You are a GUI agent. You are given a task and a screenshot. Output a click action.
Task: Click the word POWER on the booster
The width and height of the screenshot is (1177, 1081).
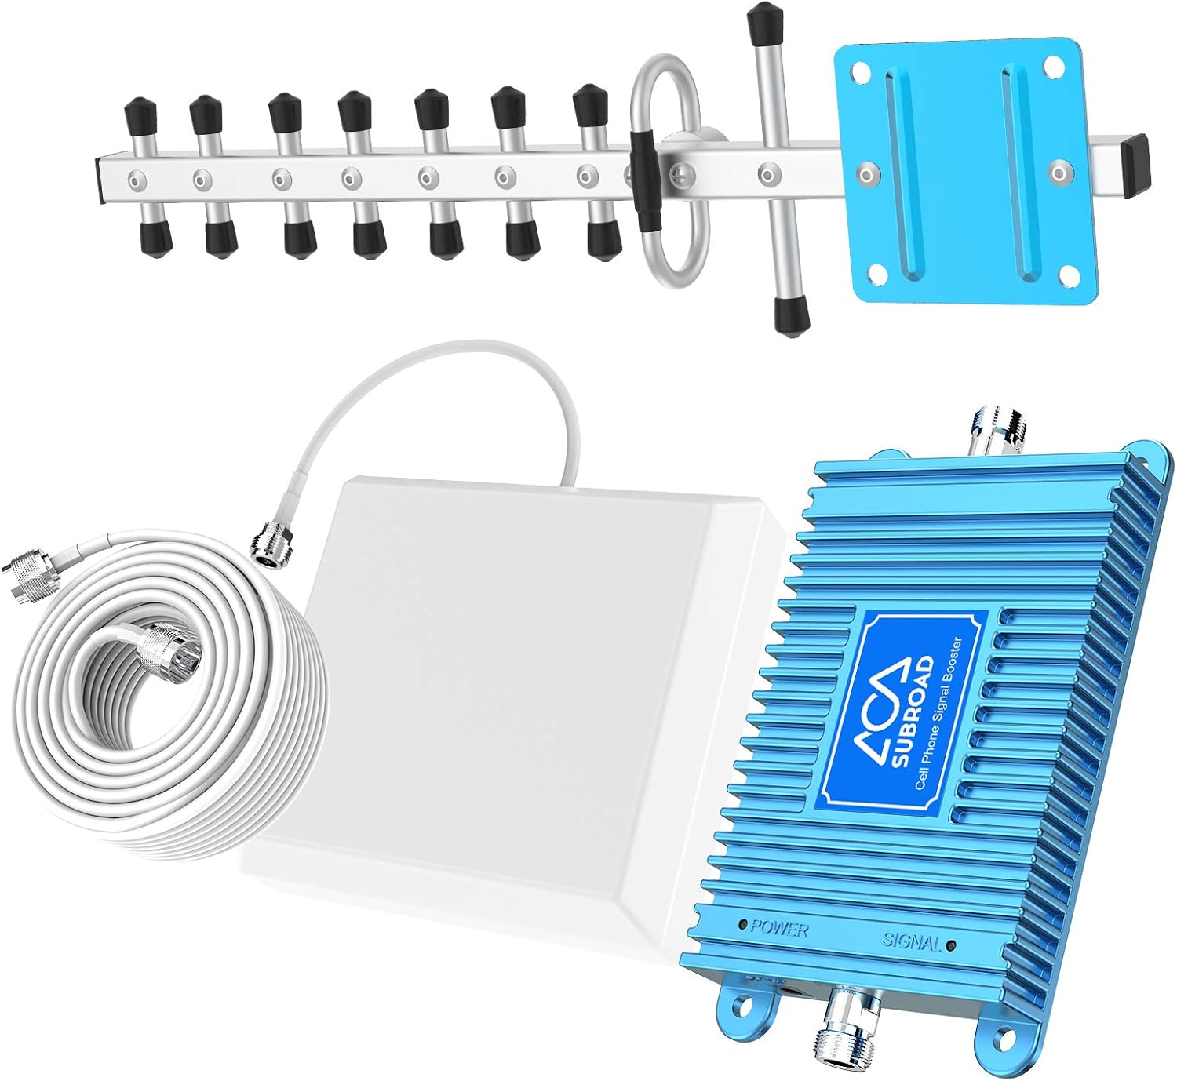[x=779, y=929]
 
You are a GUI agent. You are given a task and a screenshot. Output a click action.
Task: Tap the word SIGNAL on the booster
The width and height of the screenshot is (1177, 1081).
[x=911, y=941]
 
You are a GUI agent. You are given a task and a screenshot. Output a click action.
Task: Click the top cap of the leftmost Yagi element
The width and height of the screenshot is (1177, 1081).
[x=140, y=115]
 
